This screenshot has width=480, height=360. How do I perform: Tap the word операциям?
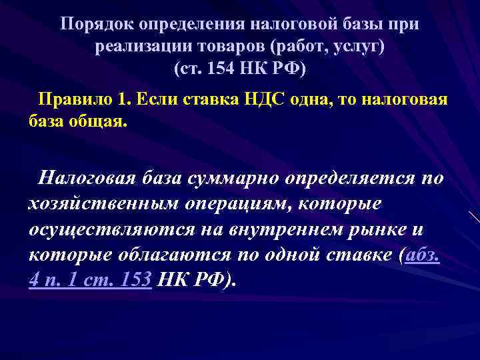coord(233,204)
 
